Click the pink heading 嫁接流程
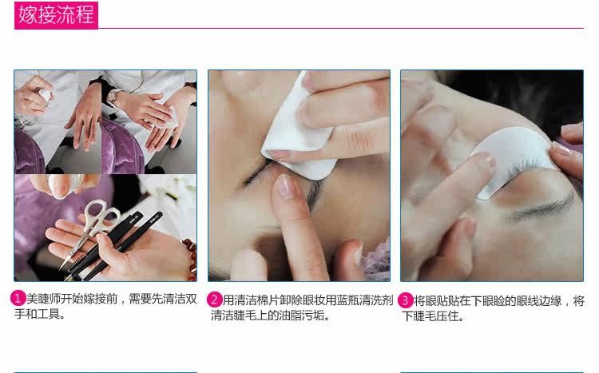click(x=56, y=15)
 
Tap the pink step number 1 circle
click(x=18, y=299)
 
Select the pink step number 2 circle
click(x=214, y=300)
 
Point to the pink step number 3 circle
click(x=405, y=300)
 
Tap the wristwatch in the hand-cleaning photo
click(x=113, y=97)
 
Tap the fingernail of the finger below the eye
click(x=284, y=185)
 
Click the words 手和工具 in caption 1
click(x=37, y=314)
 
